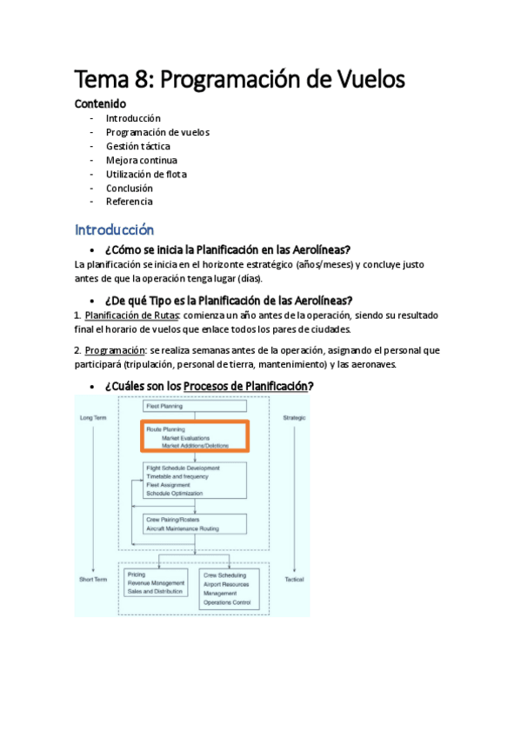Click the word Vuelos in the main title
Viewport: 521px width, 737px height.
364,80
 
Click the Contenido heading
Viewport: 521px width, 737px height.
100,103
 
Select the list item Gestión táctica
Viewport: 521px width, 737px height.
137,146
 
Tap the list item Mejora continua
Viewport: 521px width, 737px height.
141,160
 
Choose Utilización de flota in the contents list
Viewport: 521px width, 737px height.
146,174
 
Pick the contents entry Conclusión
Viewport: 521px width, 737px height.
129,188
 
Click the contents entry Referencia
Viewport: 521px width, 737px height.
129,202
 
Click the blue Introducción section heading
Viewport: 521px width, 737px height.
114,230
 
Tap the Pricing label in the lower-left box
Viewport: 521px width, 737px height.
137,574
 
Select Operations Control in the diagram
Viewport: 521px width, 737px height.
227,602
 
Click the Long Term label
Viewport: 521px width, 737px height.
93,419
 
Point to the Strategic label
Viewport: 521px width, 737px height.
296,419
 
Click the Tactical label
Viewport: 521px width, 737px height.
295,578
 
